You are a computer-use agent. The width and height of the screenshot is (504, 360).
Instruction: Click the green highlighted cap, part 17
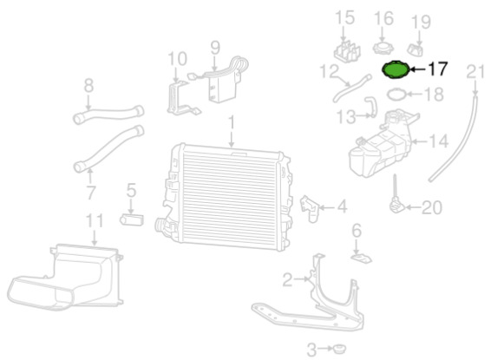pyautogui.click(x=396, y=69)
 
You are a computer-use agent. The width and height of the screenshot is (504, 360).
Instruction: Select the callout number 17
pyautogui.click(x=437, y=69)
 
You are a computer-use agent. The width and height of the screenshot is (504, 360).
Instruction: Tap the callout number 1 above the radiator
pyautogui.click(x=231, y=124)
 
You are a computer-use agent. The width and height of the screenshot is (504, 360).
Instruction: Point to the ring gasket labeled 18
pyautogui.click(x=396, y=95)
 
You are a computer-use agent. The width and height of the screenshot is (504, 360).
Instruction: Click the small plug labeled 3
pyautogui.click(x=338, y=349)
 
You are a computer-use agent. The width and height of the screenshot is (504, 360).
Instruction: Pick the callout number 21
pyautogui.click(x=475, y=72)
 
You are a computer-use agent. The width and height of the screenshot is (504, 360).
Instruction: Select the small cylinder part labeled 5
pyautogui.click(x=132, y=219)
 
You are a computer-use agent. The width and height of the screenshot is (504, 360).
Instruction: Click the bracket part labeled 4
pyautogui.click(x=309, y=208)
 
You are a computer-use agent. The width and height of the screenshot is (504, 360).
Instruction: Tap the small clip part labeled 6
pyautogui.click(x=361, y=259)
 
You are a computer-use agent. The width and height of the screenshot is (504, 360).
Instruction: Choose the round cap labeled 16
pyautogui.click(x=383, y=49)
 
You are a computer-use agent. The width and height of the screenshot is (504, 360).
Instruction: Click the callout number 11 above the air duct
pyautogui.click(x=95, y=221)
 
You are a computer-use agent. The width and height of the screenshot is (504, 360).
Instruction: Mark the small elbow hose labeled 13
pyautogui.click(x=371, y=108)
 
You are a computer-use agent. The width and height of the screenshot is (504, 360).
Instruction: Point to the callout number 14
pyautogui.click(x=438, y=141)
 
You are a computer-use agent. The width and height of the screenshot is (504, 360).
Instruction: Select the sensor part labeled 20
pyautogui.click(x=396, y=200)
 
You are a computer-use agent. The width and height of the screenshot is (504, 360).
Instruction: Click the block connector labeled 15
pyautogui.click(x=347, y=51)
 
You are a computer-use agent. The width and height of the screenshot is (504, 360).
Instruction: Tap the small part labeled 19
pyautogui.click(x=416, y=50)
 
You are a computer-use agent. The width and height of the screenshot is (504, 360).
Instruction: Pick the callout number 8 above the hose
pyautogui.click(x=88, y=86)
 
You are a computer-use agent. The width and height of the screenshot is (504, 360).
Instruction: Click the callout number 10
pyautogui.click(x=178, y=59)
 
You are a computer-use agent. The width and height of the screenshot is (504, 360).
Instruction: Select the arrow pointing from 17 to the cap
pyautogui.click(x=418, y=69)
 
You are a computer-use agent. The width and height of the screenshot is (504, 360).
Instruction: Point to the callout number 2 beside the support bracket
pyautogui.click(x=288, y=279)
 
